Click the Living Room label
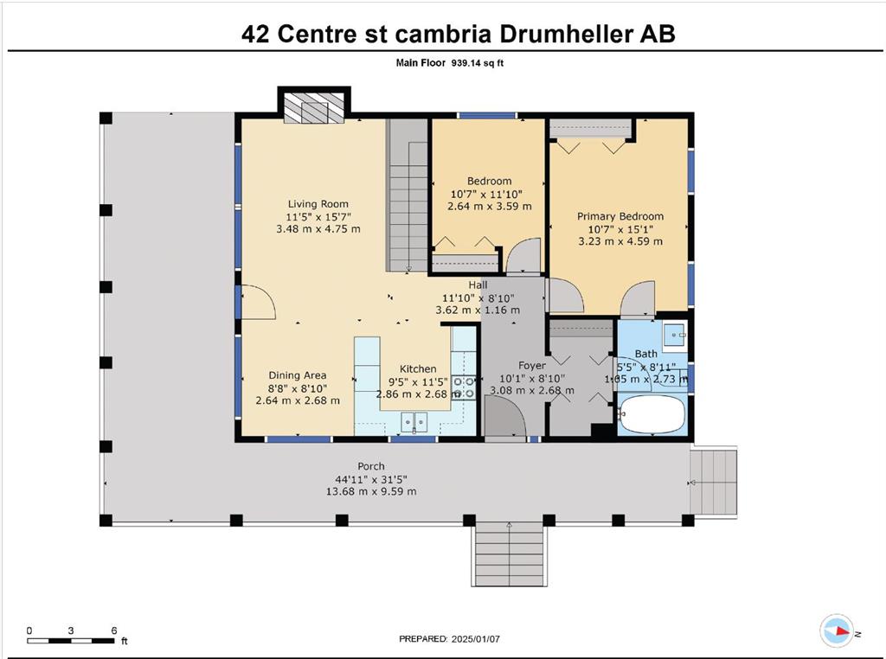(318, 204)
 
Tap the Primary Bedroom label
(620, 216)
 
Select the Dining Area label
(298, 375)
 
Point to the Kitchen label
(418, 369)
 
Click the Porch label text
(370, 466)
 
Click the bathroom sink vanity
(675, 336)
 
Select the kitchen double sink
(414, 422)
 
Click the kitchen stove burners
(464, 388)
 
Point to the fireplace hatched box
(313, 108)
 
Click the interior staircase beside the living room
(407, 195)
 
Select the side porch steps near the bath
(713, 481)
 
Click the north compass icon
(838, 630)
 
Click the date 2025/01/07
(475, 639)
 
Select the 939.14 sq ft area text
(478, 63)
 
